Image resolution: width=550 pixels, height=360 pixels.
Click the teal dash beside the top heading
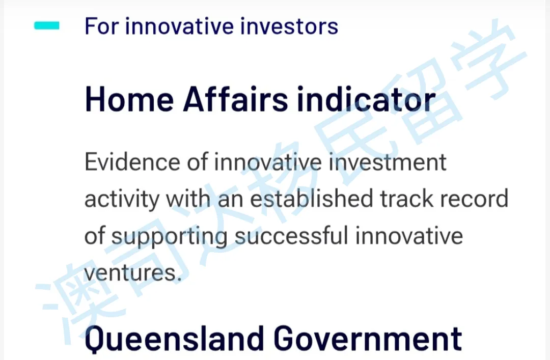(47, 25)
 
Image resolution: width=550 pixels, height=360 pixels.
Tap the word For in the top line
(102, 26)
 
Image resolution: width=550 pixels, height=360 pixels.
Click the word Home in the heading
(129, 99)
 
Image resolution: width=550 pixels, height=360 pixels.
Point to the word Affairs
(235, 99)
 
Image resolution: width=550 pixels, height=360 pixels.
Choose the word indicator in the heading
(366, 99)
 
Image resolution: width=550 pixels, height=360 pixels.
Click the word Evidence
(132, 162)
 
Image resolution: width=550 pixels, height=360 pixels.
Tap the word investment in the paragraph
(387, 162)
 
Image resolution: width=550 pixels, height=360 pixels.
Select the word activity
(122, 199)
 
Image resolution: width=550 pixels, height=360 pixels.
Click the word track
(407, 198)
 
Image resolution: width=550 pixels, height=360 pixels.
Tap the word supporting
(169, 236)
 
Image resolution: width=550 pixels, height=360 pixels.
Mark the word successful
(291, 235)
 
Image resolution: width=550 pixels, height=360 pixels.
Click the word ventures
(133, 272)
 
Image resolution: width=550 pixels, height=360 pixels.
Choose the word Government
(368, 338)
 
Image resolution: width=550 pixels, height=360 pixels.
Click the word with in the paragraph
(188, 198)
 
